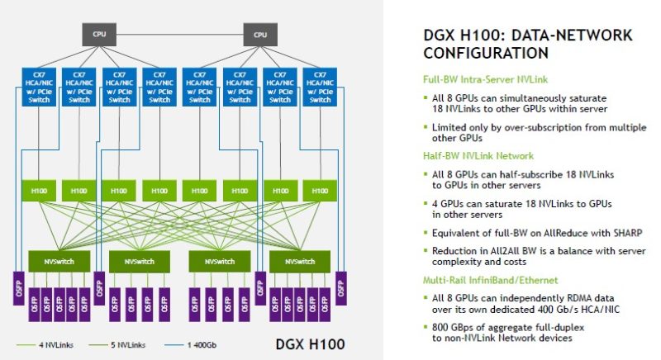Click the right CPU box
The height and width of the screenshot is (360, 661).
(260, 35)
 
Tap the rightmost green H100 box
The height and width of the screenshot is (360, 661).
(320, 190)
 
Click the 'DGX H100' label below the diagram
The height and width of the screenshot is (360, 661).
(310, 342)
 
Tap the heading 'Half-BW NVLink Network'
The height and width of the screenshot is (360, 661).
(477, 155)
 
